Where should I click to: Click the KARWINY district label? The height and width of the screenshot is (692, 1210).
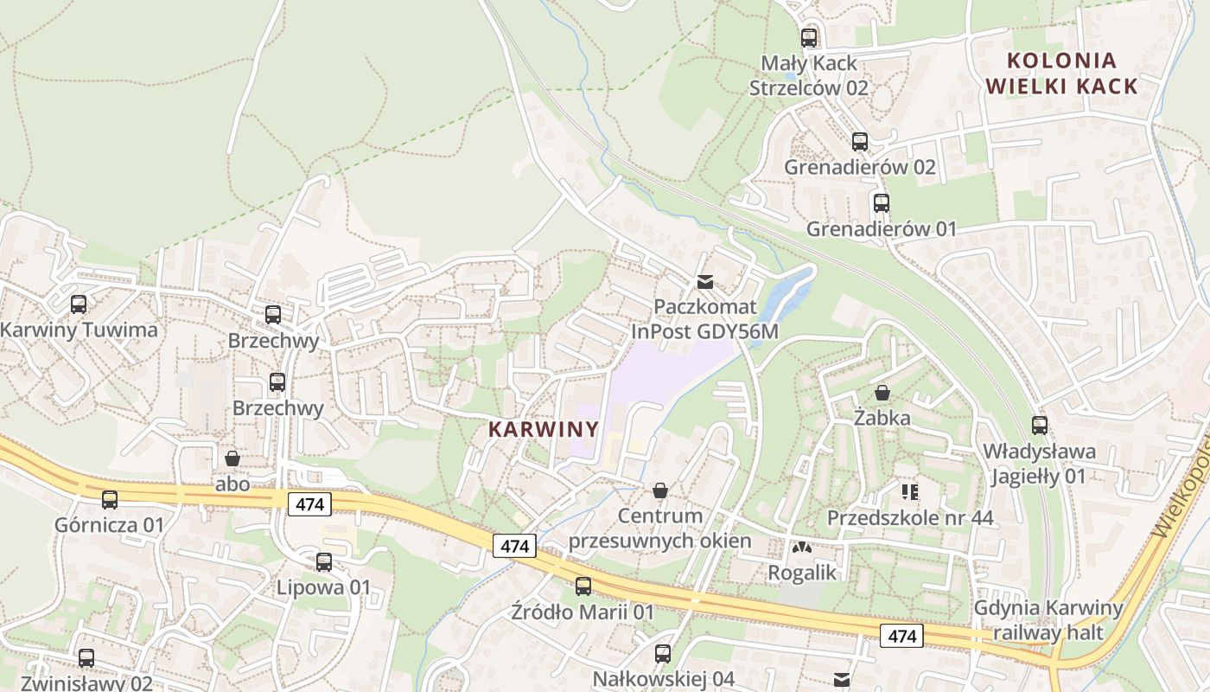[x=544, y=429]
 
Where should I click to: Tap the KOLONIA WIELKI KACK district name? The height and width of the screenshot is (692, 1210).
[x=1062, y=74]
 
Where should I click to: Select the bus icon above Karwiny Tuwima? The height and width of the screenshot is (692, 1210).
[x=79, y=304]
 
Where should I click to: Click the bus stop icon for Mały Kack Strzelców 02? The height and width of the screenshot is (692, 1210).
[x=809, y=38]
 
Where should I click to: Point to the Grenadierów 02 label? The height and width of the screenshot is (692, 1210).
[x=859, y=167]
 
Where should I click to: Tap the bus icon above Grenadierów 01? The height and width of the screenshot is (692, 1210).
[x=881, y=203]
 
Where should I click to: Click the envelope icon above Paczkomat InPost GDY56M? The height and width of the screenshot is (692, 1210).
[x=705, y=282]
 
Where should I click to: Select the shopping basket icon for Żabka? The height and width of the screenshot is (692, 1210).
[x=882, y=393]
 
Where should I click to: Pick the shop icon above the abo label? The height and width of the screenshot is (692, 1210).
[x=232, y=458]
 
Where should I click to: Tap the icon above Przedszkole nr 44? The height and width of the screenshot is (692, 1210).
[x=909, y=492]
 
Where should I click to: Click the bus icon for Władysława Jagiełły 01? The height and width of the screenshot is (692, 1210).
[x=1039, y=426]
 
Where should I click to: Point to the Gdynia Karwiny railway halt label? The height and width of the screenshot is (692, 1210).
[x=1048, y=619]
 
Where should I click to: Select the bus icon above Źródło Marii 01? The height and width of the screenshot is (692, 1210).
[x=583, y=586]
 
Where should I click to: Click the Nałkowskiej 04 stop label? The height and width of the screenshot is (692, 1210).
[x=663, y=679]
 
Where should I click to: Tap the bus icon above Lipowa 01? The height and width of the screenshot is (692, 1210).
[x=324, y=562]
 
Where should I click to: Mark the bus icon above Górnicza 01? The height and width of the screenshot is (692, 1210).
[x=110, y=500]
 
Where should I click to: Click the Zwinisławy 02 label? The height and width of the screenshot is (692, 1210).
[x=86, y=682]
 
